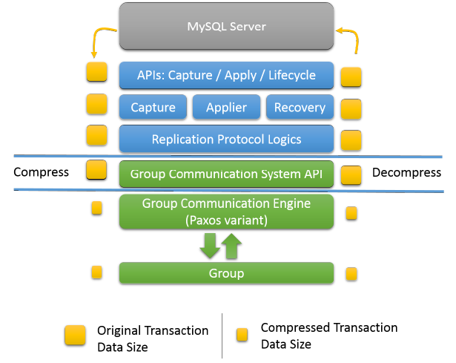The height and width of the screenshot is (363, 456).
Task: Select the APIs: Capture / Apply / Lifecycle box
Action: [226, 75]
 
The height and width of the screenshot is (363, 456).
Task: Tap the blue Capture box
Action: [153, 108]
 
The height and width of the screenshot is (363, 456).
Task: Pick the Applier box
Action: [226, 108]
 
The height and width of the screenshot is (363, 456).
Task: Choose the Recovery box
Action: [300, 108]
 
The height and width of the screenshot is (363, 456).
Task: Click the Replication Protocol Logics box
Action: [226, 139]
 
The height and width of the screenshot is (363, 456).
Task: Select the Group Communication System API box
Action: [226, 174]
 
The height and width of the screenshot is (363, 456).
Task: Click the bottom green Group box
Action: [226, 273]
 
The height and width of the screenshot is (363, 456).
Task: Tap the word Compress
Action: [42, 172]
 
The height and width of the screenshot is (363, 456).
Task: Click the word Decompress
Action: [406, 173]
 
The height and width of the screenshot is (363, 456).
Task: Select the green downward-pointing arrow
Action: [209, 246]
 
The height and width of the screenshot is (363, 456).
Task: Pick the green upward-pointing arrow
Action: [232, 246]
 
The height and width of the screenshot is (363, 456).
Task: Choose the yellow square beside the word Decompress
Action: [351, 175]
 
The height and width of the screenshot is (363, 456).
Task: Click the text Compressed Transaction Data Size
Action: [328, 336]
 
